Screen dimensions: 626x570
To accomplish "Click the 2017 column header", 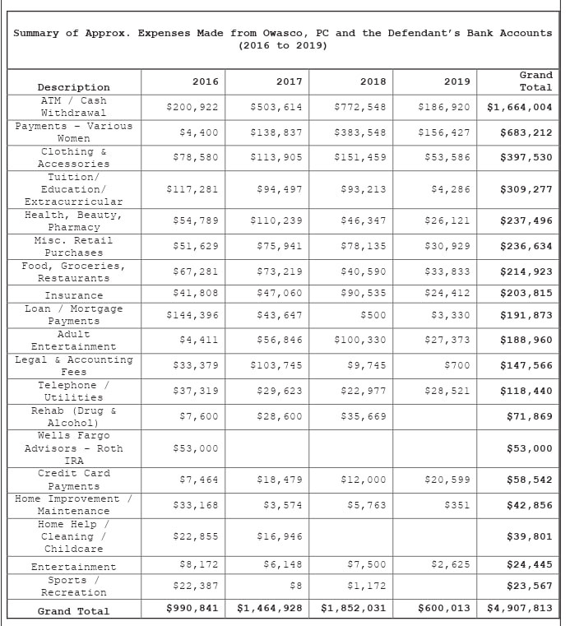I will pos(289,81).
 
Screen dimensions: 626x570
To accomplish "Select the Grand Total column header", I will pos(535,81).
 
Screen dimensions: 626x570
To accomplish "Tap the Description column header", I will pos(73,87).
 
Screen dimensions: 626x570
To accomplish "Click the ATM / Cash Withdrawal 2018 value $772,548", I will pos(360,107).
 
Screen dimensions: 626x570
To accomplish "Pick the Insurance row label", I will pos(73,295).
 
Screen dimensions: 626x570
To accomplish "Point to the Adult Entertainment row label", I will pos(73,341).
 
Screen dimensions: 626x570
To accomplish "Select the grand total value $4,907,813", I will pos(520,609).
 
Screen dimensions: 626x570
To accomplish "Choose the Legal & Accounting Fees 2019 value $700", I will pos(457,365).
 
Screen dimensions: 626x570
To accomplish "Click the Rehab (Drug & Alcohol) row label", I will pos(73,416).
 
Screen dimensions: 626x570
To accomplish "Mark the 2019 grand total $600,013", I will pos(444,609).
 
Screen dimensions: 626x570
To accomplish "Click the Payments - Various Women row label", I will pos(73,132).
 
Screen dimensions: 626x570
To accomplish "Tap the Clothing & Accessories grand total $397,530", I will pos(526,157).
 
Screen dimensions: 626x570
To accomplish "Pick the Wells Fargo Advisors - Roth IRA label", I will pos(73,448).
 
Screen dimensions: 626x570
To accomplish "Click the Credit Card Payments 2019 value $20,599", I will pos(444,479).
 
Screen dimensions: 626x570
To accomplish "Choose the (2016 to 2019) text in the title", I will pos(283,45).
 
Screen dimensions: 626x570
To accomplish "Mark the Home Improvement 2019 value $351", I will pos(457,504).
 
